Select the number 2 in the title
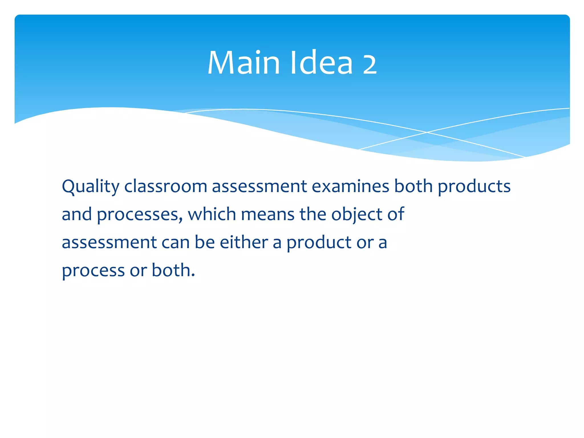point(370,64)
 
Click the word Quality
point(90,187)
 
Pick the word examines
point(350,187)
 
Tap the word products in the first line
point(474,187)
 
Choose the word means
point(267,214)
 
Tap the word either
point(244,242)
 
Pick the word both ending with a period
point(173,270)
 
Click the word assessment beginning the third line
point(109,243)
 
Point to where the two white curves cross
point(427,132)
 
